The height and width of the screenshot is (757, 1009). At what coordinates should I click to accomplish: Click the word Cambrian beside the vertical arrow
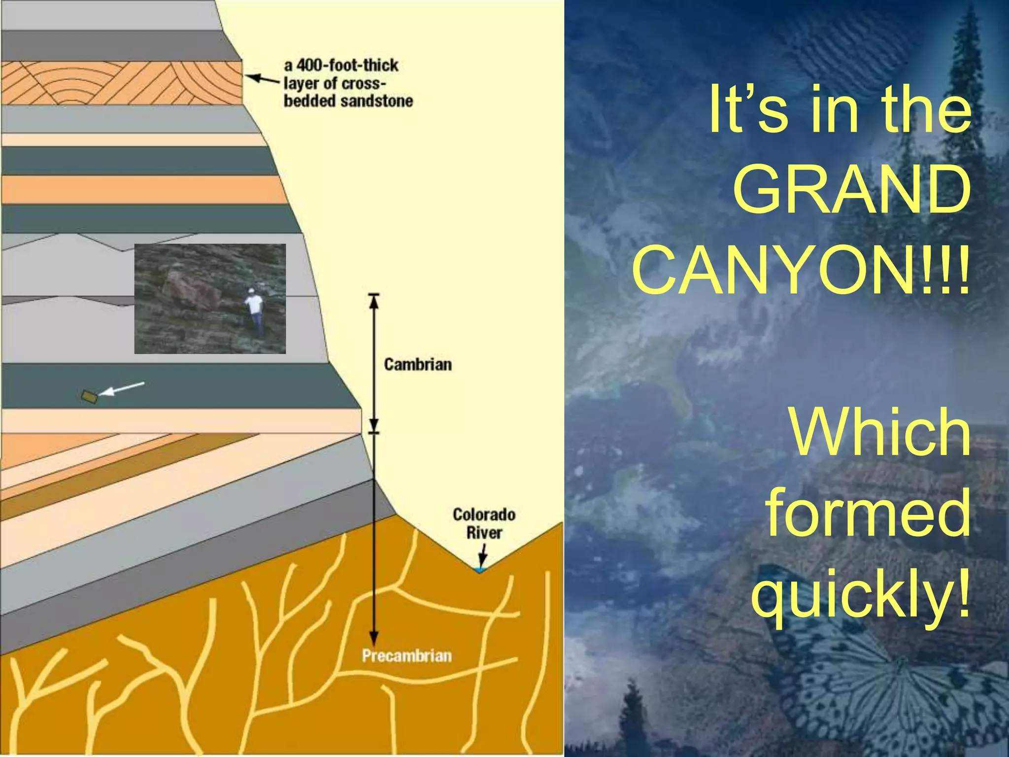(418, 365)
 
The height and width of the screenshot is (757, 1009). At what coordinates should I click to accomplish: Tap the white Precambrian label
(406, 656)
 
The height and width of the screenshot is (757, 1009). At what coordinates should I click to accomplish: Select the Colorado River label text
(484, 523)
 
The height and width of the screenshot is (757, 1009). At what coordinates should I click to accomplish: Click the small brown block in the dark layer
(89, 396)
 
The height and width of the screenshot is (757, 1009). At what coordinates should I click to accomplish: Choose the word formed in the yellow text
(868, 514)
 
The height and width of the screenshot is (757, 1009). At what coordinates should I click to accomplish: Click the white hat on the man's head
(252, 291)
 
